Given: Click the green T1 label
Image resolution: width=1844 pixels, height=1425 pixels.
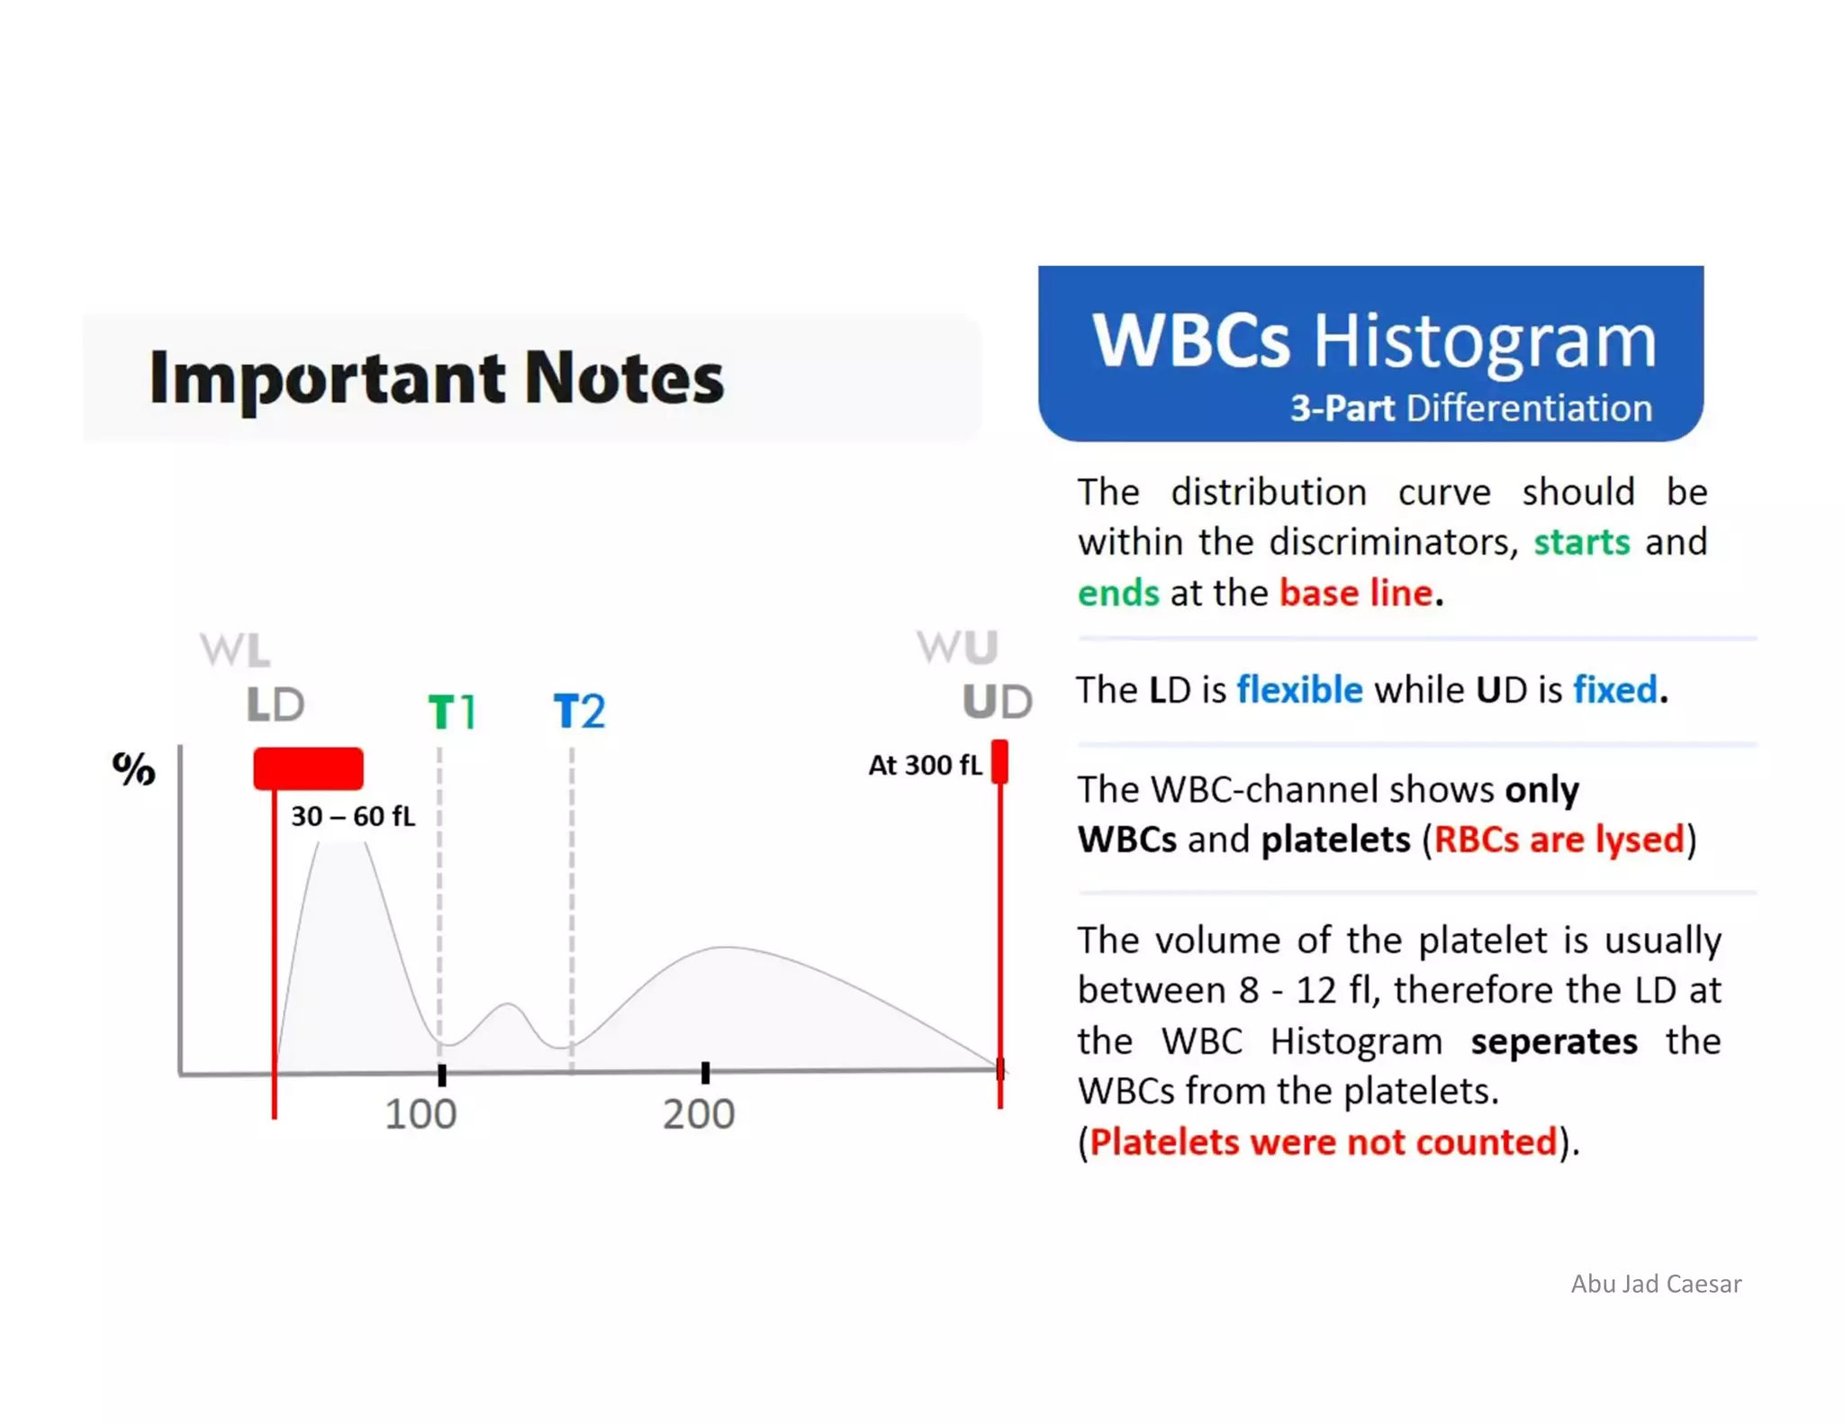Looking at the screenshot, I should coord(451,712).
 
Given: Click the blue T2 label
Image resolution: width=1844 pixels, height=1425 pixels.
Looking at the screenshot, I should coord(579,712).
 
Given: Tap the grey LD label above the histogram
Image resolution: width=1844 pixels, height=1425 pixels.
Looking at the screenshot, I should coord(276,704).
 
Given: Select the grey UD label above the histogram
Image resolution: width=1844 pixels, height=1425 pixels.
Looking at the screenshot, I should coord(997,702).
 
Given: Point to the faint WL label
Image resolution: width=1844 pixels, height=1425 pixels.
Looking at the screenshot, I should coord(234,649).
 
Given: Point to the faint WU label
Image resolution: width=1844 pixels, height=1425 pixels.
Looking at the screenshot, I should coord(957,647).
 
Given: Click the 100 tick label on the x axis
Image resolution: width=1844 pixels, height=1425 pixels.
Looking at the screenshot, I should coord(420,1114).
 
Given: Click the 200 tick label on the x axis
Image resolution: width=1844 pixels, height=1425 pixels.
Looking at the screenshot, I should coord(699,1114).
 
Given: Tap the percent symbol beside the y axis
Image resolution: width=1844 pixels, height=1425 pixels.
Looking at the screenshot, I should coord(133,768).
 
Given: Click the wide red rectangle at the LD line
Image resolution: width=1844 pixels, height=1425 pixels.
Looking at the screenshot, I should coord(308,768).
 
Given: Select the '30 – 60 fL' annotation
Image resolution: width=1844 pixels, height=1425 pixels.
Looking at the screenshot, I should coord(353,816).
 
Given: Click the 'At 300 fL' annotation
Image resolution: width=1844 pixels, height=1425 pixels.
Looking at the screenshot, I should coord(924,766).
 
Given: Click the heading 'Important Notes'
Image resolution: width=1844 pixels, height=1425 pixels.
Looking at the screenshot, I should coord(436,377).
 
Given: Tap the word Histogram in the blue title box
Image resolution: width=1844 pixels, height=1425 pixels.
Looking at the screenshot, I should coord(1484,341).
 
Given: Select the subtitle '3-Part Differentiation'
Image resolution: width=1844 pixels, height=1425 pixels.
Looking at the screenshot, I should coord(1470,408).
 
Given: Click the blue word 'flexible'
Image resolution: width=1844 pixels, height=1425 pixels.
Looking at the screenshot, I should coord(1299,690).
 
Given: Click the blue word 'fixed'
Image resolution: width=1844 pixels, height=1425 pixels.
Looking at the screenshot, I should coord(1614,690).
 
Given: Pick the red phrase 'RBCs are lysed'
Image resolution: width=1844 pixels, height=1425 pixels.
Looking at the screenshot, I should coord(1559,840).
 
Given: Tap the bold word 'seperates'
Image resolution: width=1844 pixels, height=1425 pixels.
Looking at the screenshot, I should coord(1553,1041).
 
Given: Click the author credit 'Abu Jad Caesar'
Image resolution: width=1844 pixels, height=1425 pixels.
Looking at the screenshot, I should coord(1655,1284).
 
